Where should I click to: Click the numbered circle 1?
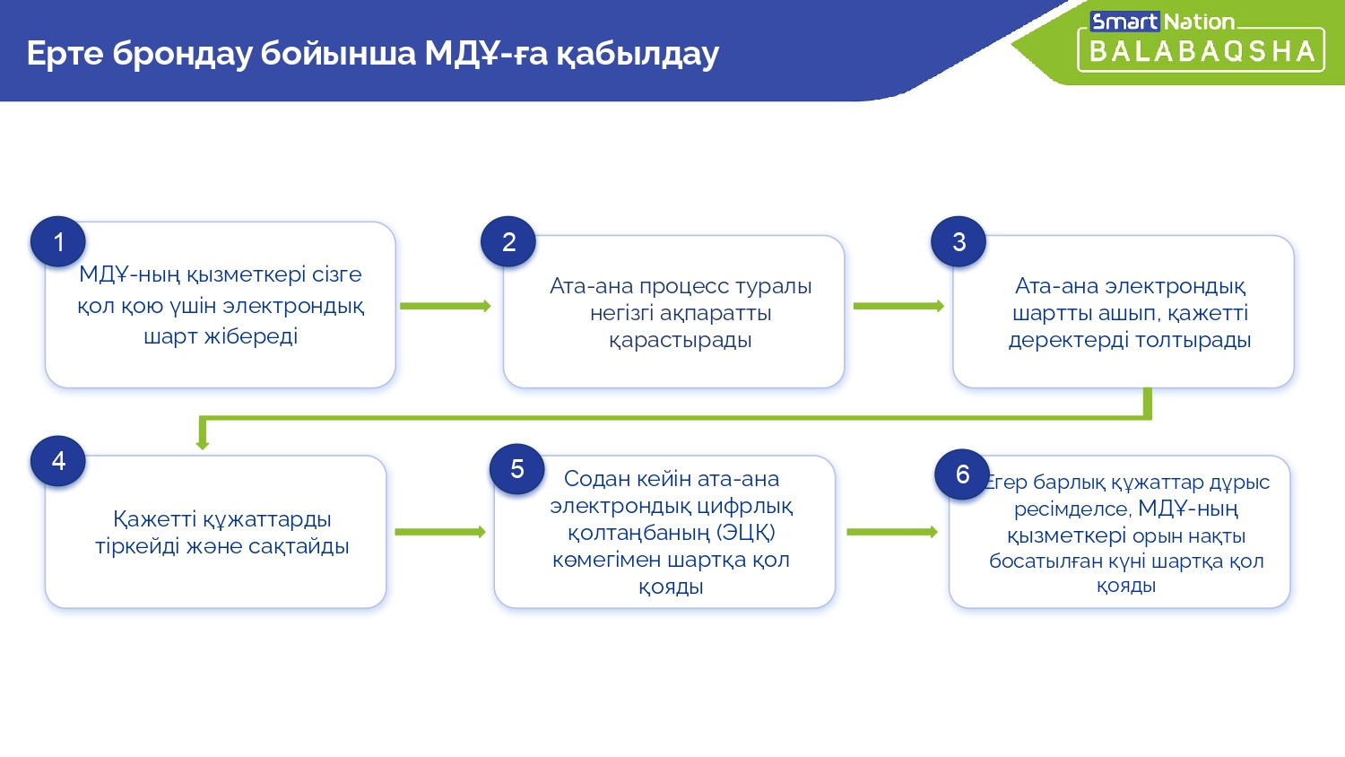point(58,241)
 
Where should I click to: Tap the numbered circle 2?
point(508,241)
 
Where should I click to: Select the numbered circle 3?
point(959,241)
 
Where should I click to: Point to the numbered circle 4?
point(58,461)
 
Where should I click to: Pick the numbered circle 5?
point(517,468)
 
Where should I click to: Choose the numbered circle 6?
point(962,474)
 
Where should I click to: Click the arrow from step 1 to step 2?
point(446,307)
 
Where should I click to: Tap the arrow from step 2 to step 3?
point(898,307)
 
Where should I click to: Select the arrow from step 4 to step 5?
point(441,532)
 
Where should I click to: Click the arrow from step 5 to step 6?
point(892,532)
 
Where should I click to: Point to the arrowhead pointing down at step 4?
point(203,444)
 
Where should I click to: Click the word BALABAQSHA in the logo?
point(1202,52)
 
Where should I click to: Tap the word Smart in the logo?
point(1124,22)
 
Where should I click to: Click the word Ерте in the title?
point(65,53)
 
